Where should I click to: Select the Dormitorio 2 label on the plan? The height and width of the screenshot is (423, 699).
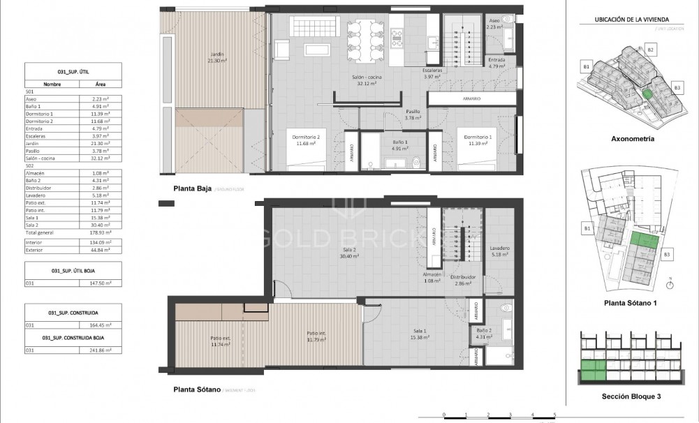(x=307, y=140)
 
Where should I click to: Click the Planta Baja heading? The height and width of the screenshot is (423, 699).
(x=192, y=188)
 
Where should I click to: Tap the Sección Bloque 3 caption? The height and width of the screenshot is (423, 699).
(x=631, y=396)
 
